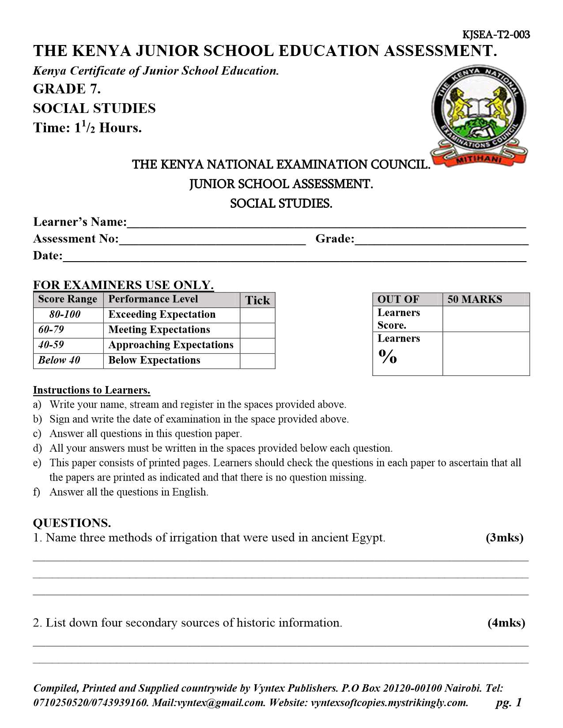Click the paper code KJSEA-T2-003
coord(496,35)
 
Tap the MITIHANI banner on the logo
coord(479,161)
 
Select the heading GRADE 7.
coord(67,89)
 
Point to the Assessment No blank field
coord(212,240)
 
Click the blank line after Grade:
coord(442,240)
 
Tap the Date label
coord(48,256)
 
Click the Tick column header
coord(257,300)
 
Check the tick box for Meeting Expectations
coord(257,330)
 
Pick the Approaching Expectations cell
coord(171,345)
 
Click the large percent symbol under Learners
coord(387,357)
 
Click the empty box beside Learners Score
coord(486,319)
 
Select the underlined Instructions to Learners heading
coord(92,390)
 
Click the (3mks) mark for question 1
coord(504,538)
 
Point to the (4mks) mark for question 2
coord(506,623)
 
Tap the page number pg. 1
coord(509,702)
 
